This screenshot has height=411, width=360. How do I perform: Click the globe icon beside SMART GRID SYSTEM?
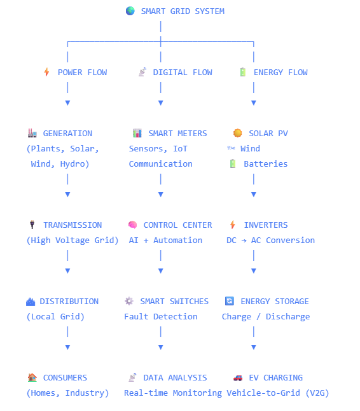[x=130, y=11]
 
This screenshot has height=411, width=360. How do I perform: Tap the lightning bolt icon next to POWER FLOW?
[x=46, y=72]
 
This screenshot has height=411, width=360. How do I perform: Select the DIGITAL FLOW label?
[x=183, y=73]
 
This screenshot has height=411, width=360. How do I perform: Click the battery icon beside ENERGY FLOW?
[x=243, y=72]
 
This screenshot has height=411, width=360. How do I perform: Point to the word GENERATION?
[x=67, y=134]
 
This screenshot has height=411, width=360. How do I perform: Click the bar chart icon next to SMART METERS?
[x=137, y=133]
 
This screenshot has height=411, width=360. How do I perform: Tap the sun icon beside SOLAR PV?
[x=238, y=133]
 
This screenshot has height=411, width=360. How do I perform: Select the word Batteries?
[x=266, y=164]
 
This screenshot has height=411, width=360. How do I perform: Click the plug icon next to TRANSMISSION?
[x=32, y=225]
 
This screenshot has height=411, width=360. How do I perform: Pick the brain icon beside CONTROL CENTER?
[x=132, y=225]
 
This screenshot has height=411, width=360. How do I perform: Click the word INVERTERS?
[x=266, y=225]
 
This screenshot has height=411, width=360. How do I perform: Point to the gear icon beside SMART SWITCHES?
[x=129, y=301]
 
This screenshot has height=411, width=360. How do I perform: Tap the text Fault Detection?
[x=161, y=317]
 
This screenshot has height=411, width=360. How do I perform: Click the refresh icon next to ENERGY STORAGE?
[x=230, y=301]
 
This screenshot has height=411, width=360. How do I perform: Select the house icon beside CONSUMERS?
[x=32, y=377]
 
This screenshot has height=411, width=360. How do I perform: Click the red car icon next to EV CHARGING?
[x=238, y=378]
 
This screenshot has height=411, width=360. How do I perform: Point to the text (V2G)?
[x=317, y=393]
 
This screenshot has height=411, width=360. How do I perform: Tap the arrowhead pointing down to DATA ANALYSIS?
[x=161, y=347]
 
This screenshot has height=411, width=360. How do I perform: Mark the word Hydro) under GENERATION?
[x=74, y=164]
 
